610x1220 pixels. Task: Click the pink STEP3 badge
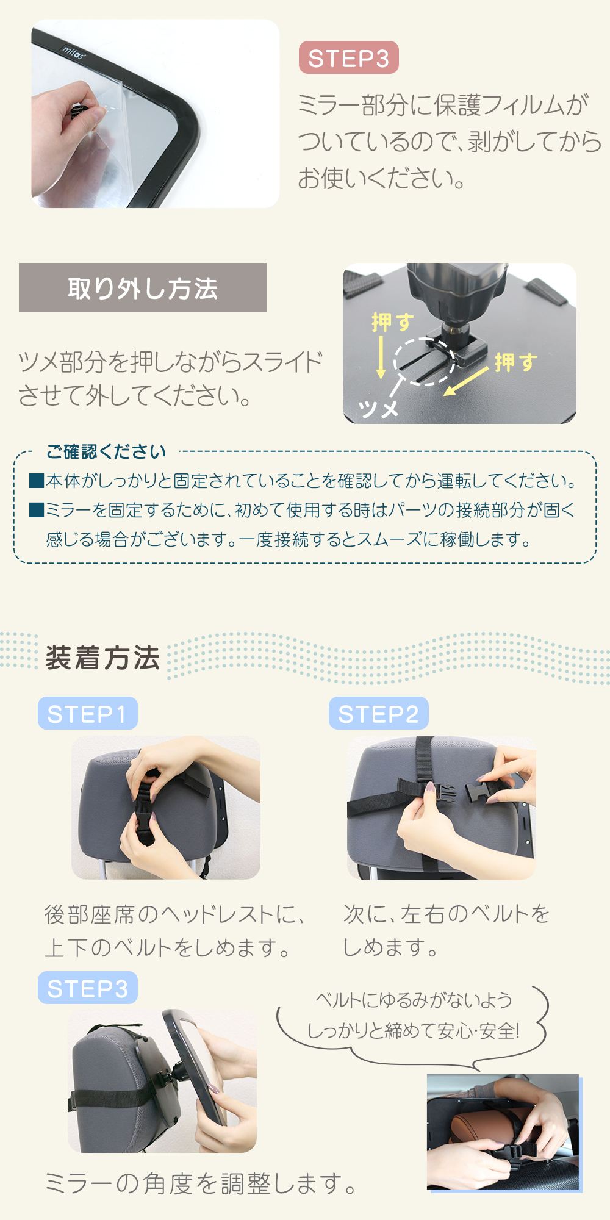[x=348, y=58]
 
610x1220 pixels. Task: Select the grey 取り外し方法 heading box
[x=143, y=288]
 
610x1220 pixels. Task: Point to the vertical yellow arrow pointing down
[x=381, y=357]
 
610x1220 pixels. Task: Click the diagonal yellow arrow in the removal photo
[x=466, y=381]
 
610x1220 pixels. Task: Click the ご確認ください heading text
[x=106, y=451]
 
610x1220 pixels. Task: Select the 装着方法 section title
[x=102, y=658]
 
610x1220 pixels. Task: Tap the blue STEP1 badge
[x=87, y=713]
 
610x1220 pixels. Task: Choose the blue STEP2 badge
[x=379, y=713]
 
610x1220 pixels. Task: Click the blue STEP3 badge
[x=87, y=988]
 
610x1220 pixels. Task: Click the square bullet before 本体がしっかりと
[x=37, y=481]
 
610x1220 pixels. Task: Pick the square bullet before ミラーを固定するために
[x=37, y=509]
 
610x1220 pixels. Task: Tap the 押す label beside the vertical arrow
[x=393, y=321]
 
